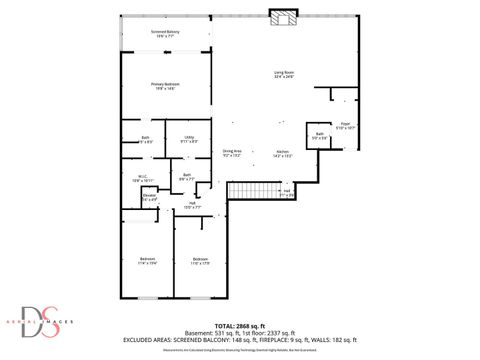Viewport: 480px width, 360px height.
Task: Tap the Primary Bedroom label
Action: pyautogui.click(x=165, y=87)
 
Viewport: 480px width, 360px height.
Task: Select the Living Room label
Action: pyautogui.click(x=284, y=75)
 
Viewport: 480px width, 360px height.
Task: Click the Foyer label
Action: pyautogui.click(x=344, y=127)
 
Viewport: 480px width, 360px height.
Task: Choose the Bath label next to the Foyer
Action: pyautogui.click(x=320, y=135)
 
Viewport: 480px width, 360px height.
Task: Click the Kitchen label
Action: pyautogui.click(x=283, y=153)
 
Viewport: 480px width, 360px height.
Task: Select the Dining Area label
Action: pyautogui.click(x=232, y=153)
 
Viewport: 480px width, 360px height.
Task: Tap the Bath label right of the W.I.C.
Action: pyautogui.click(x=187, y=177)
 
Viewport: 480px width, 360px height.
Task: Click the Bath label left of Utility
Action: pyautogui.click(x=145, y=139)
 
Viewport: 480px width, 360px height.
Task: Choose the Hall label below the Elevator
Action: pyautogui.click(x=191, y=205)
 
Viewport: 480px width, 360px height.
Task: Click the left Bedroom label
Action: pyautogui.click(x=147, y=261)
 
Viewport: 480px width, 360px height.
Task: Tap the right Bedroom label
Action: pyautogui.click(x=200, y=261)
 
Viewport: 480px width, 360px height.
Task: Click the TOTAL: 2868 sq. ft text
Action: pyautogui.click(x=240, y=325)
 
